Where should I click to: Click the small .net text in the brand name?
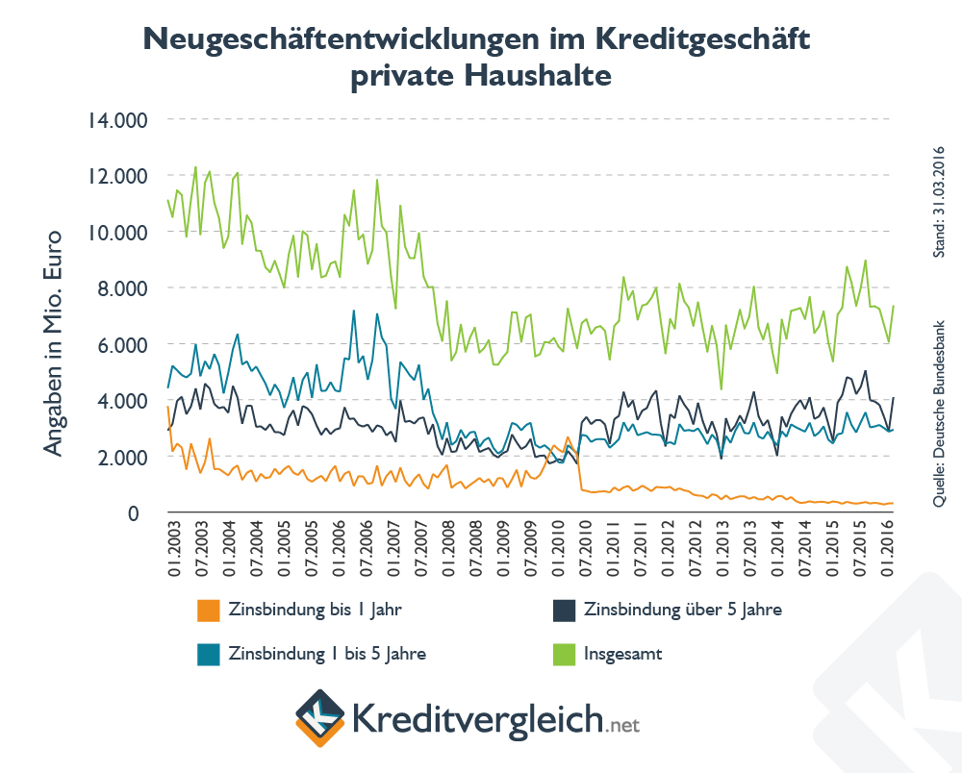623,722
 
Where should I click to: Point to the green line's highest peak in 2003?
196,167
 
